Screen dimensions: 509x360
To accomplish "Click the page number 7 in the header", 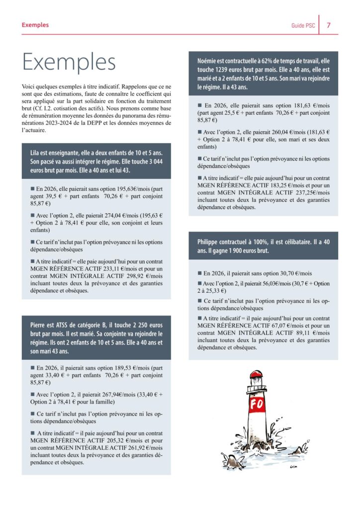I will (329, 25).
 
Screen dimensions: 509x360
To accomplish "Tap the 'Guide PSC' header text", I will (302, 25).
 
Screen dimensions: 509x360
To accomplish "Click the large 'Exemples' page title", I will (69, 62).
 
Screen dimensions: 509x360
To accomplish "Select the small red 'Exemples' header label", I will (35, 25).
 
